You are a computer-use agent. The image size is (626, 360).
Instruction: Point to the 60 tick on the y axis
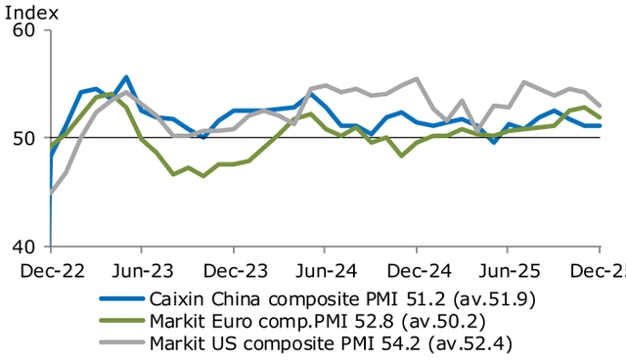(x=24, y=30)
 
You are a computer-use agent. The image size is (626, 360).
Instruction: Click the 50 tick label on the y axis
(x=24, y=138)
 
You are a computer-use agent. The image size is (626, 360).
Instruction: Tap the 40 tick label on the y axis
(x=24, y=247)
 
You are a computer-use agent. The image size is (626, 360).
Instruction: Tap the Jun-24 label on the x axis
(x=325, y=267)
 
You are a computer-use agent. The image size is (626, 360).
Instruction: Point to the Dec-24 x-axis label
(x=417, y=267)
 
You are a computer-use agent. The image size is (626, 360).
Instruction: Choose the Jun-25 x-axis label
(x=509, y=267)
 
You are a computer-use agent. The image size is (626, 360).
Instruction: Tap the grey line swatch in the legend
(x=118, y=343)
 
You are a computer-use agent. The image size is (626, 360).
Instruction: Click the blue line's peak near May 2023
(x=126, y=76)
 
